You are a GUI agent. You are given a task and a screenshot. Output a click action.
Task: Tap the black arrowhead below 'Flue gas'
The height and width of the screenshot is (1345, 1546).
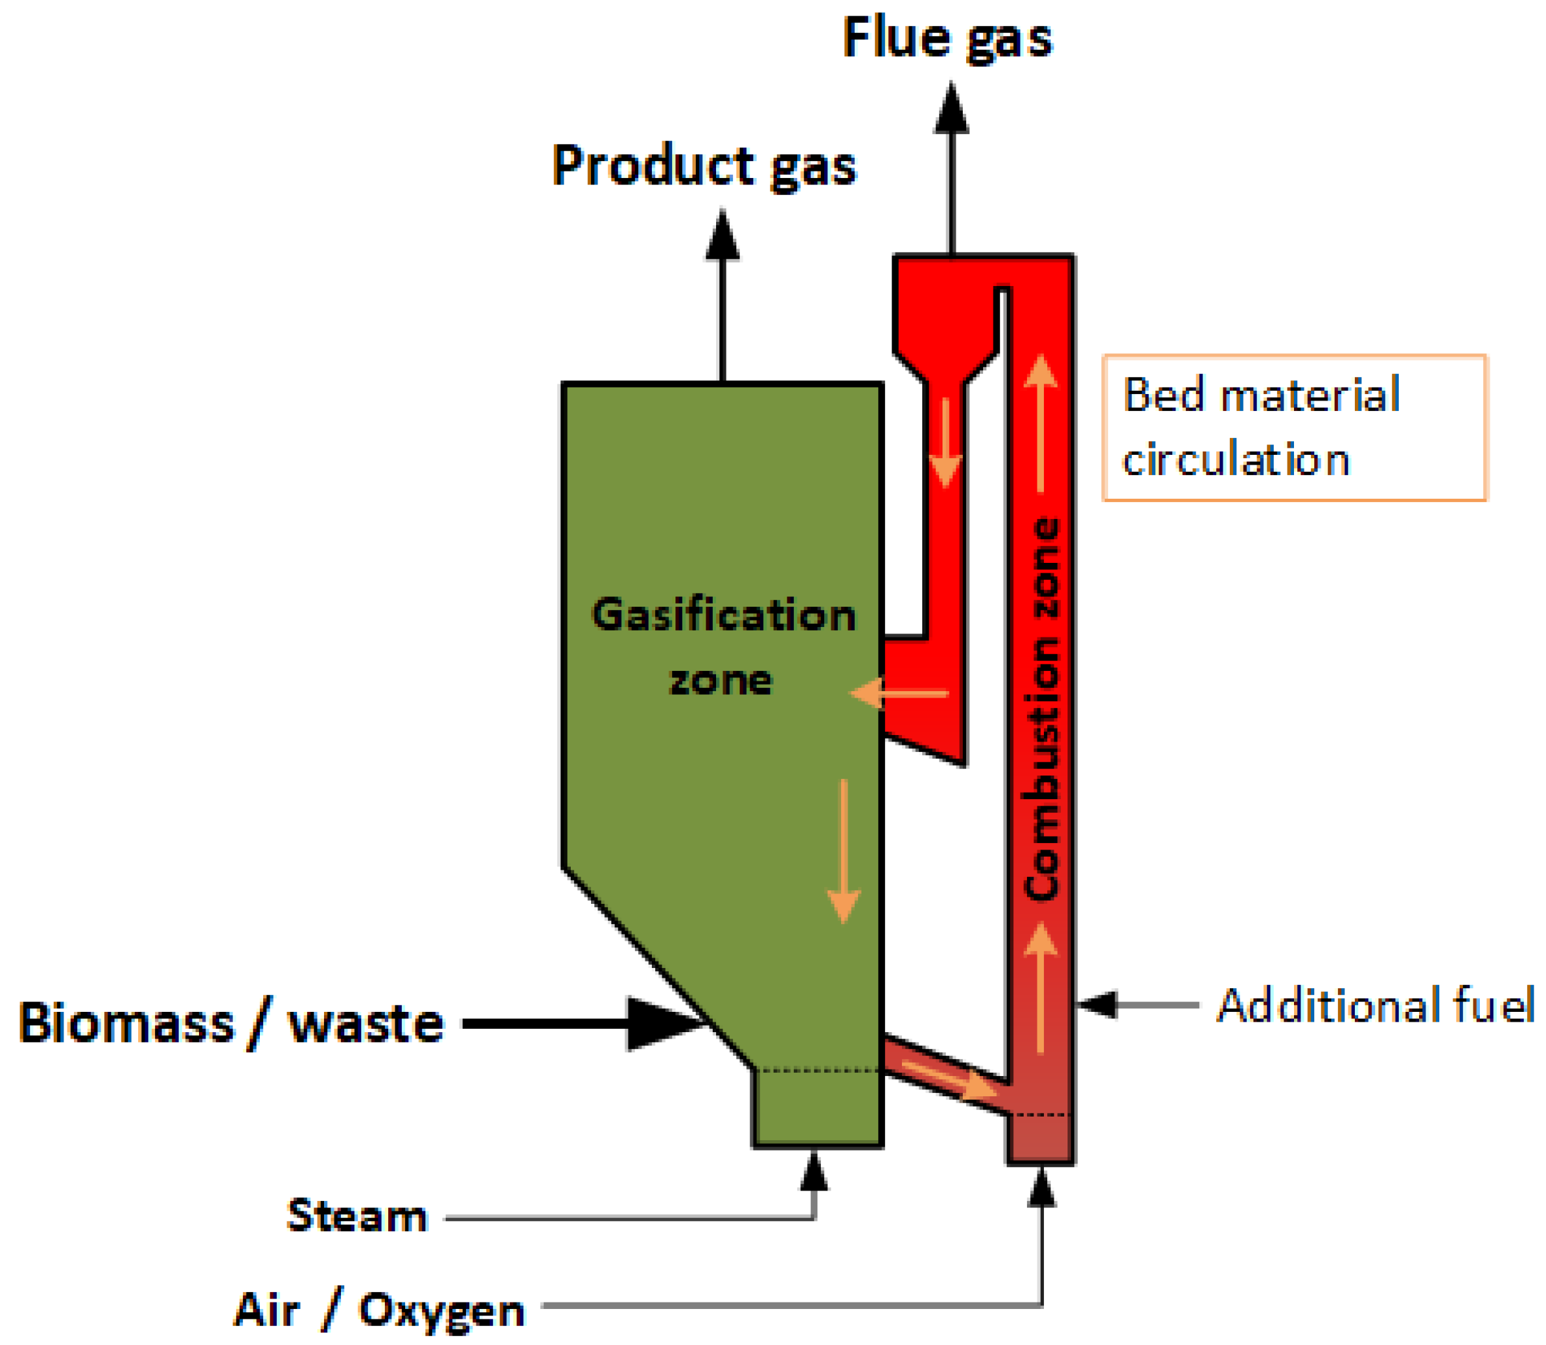click(x=951, y=111)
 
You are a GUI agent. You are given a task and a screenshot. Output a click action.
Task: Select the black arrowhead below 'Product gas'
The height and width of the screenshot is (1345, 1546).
click(x=722, y=236)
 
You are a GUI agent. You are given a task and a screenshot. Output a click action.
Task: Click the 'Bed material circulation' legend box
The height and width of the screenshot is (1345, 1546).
click(x=1293, y=428)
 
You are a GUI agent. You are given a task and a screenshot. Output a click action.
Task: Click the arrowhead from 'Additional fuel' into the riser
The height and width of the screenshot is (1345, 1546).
click(x=1098, y=1004)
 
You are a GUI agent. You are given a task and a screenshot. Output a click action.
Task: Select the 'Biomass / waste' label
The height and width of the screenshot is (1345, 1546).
click(x=231, y=1024)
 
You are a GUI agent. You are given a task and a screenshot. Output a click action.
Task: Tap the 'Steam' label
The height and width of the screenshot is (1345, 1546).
click(x=357, y=1216)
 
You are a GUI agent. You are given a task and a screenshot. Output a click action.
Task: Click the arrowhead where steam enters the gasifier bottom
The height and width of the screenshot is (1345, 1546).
click(x=814, y=1172)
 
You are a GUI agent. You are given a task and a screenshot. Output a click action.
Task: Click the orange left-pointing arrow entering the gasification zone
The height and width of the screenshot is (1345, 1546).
click(x=898, y=694)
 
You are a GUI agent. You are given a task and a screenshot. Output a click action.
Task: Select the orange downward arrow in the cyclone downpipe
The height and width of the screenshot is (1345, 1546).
click(x=946, y=443)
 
